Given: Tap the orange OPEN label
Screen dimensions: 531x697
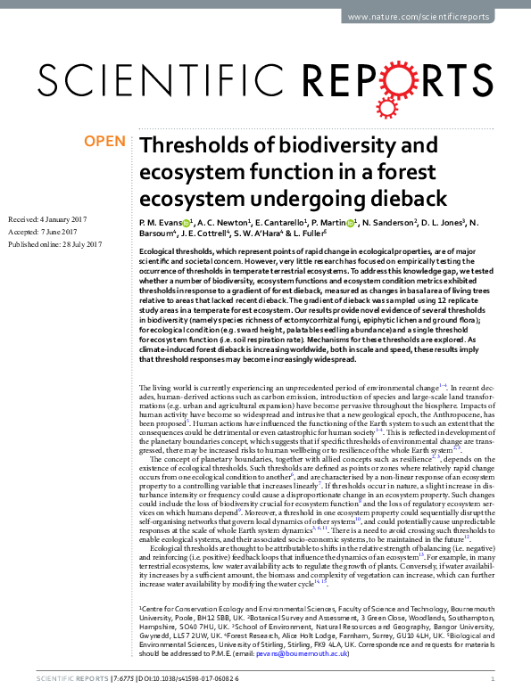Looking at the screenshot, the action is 105,141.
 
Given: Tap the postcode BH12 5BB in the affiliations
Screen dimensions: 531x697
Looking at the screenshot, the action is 198,628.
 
